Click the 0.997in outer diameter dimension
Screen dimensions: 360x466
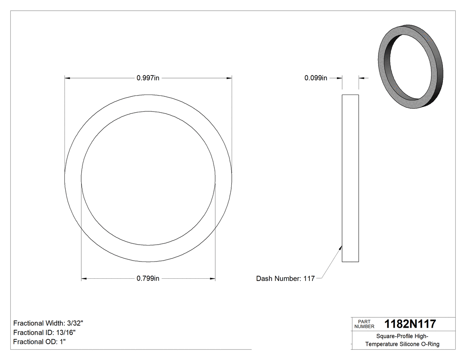coord(148,78)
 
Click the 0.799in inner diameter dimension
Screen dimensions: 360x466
coord(148,279)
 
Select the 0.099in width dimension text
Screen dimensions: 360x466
coord(316,78)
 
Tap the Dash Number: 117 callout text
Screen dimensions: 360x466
coord(285,279)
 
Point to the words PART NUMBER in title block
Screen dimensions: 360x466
coord(364,324)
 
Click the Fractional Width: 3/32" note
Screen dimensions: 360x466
coord(48,323)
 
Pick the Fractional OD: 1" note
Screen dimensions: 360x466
coord(40,342)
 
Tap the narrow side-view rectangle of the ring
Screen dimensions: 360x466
coord(350,178)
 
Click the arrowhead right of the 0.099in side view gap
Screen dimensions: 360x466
coord(361,78)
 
